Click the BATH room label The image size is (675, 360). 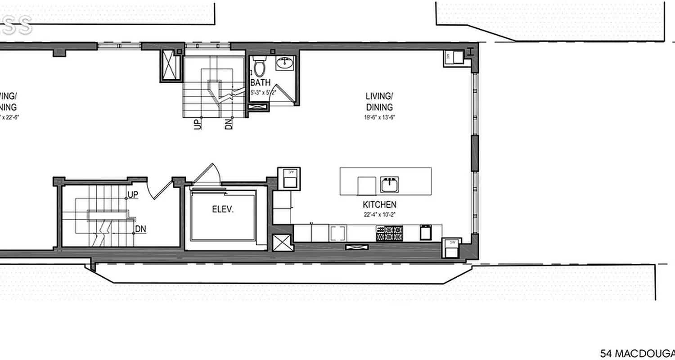(261, 83)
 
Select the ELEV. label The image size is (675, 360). (223, 209)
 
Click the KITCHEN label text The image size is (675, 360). (379, 205)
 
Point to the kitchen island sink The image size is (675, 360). (389, 184)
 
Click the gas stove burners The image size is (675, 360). (389, 233)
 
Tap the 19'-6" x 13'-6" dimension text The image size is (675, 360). (379, 117)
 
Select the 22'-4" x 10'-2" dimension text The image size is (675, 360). (380, 215)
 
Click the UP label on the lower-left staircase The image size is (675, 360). (133, 195)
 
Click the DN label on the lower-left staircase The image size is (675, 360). (140, 229)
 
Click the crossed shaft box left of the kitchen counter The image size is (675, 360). (282, 245)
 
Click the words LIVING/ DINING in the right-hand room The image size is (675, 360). (379, 101)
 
